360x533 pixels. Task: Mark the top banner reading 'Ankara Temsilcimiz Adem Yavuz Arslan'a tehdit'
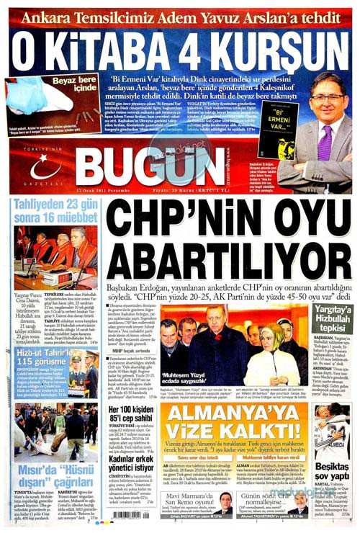tap(180, 16)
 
